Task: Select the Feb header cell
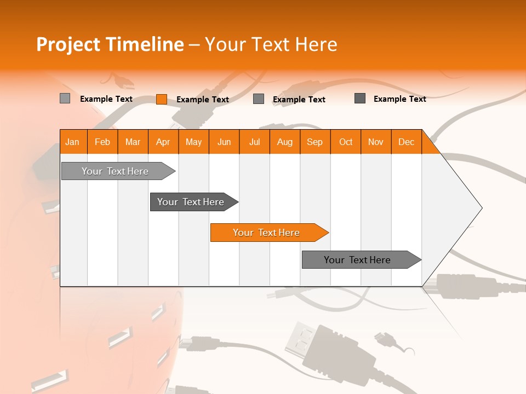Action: point(102,142)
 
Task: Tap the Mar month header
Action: point(133,142)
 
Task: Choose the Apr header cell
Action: point(163,142)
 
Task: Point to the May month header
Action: point(193,142)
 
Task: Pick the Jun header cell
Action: point(224,142)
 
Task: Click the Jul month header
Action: point(254,142)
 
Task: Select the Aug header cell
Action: point(285,142)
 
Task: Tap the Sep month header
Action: point(315,142)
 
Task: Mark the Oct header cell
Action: point(346,142)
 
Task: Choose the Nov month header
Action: point(376,142)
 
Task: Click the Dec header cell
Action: point(407,142)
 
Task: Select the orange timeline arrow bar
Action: point(268,233)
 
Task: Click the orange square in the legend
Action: point(161,99)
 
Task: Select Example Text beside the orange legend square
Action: point(203,100)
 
